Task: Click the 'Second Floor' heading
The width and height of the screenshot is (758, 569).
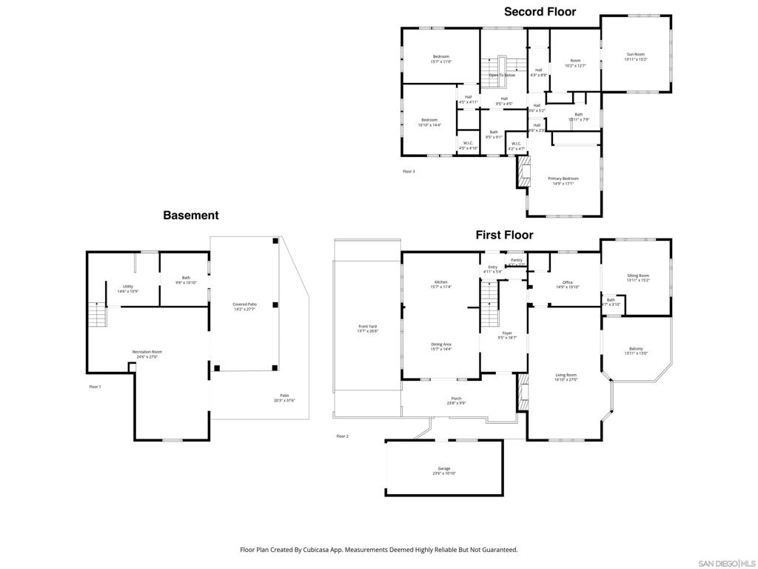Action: point(540,12)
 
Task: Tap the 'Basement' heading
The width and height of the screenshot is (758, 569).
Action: point(191,216)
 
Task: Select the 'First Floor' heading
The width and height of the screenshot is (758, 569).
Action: point(504,235)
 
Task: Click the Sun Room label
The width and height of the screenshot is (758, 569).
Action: point(636,54)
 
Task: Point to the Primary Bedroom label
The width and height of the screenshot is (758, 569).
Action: point(563,179)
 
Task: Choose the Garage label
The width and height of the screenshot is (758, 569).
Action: point(444,468)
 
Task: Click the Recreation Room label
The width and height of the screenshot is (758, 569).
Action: point(147,352)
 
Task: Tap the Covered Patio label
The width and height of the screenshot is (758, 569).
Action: point(244,305)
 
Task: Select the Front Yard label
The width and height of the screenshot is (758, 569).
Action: point(368,327)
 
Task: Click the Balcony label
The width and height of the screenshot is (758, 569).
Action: point(636,349)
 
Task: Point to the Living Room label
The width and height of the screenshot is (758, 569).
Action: point(566,376)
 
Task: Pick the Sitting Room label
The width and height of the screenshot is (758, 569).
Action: point(637,276)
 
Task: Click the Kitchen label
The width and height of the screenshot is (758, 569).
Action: point(441,282)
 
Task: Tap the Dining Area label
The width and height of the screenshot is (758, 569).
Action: point(441,344)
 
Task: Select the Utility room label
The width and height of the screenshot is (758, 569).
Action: point(128,286)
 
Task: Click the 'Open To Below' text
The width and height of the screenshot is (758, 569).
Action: point(502,75)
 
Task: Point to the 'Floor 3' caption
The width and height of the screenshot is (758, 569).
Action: point(409,171)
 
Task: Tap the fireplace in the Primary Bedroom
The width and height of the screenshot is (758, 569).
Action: point(525,172)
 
